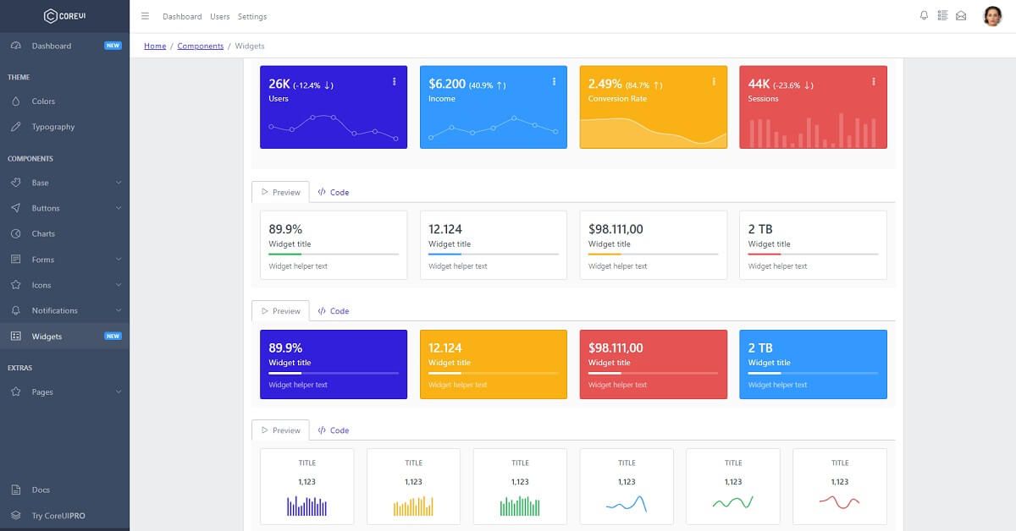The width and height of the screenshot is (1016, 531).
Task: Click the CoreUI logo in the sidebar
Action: pyautogui.click(x=64, y=15)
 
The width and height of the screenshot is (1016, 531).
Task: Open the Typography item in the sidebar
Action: pyautogui.click(x=52, y=127)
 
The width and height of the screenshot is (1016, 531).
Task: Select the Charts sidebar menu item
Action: pyautogui.click(x=43, y=233)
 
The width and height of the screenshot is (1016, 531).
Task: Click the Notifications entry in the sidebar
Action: pyautogui.click(x=54, y=310)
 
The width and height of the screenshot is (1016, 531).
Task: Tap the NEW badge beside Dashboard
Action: pyautogui.click(x=113, y=46)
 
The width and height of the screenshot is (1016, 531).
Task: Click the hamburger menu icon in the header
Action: pyautogui.click(x=145, y=16)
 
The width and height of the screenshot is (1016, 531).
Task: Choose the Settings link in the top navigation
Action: pyautogui.click(x=252, y=17)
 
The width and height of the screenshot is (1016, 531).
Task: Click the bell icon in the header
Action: pyautogui.click(x=924, y=15)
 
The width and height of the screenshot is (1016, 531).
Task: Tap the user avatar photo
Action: pyautogui.click(x=992, y=16)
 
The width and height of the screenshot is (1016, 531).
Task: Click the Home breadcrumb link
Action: pyautogui.click(x=155, y=46)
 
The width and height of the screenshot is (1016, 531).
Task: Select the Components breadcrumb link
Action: pyautogui.click(x=201, y=46)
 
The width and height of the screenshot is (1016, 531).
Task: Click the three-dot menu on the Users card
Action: pyautogui.click(x=395, y=81)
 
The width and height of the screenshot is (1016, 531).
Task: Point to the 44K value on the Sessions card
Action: pyautogui.click(x=759, y=84)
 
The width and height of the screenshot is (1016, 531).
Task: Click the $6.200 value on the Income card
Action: pyautogui.click(x=447, y=84)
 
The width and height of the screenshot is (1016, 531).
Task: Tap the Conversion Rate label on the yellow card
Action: pyautogui.click(x=617, y=99)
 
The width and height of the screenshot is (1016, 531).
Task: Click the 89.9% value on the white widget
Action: pyautogui.click(x=285, y=229)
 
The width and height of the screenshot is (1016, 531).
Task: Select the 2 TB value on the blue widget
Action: pyautogui.click(x=760, y=348)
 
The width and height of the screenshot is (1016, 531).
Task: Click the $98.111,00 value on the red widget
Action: pyautogui.click(x=616, y=348)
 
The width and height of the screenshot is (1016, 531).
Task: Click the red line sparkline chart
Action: pyautogui.click(x=839, y=503)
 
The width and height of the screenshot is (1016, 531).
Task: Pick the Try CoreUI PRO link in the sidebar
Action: pyautogui.click(x=58, y=516)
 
